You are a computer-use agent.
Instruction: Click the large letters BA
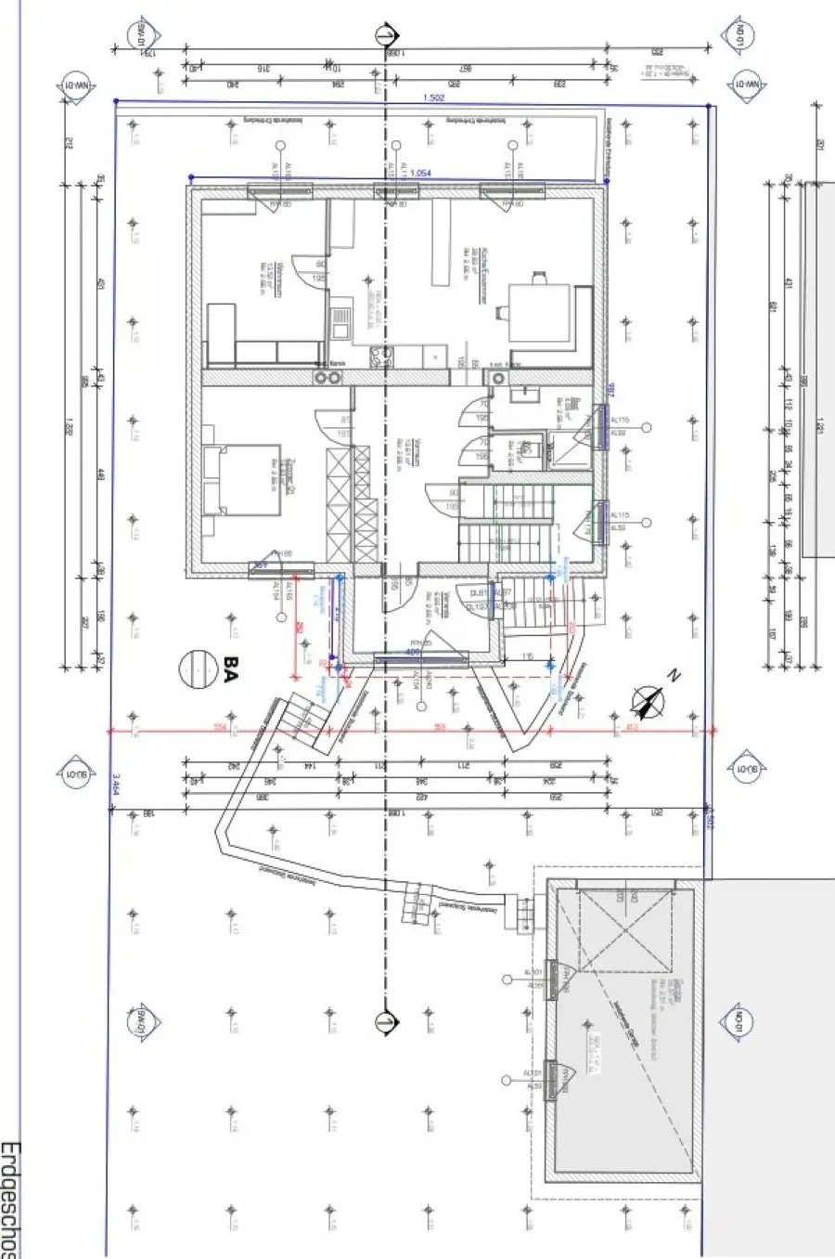(x=230, y=668)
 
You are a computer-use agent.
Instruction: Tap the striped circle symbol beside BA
(x=197, y=668)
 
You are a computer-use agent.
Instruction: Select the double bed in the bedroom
(x=239, y=480)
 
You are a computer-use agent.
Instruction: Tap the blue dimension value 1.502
(x=434, y=97)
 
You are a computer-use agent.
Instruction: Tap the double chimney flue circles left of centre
(x=327, y=378)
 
